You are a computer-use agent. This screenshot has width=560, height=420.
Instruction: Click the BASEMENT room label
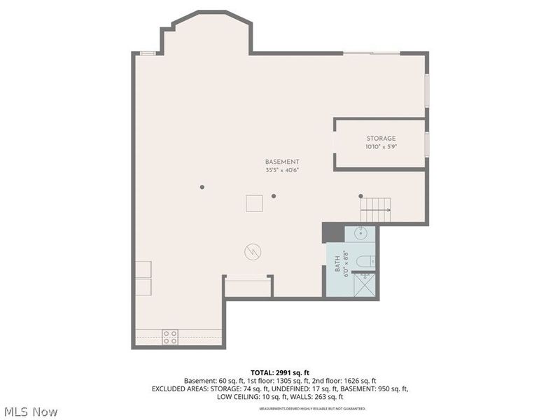click(x=282, y=162)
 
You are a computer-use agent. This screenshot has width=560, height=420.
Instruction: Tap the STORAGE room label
click(x=381, y=139)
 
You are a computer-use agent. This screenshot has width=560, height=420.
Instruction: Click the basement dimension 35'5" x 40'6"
click(x=282, y=170)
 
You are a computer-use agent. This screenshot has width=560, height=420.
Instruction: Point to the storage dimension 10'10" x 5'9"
click(x=381, y=147)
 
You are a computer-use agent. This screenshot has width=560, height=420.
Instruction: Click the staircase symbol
click(x=376, y=209)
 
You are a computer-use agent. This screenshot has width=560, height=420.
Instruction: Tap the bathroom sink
click(x=362, y=234)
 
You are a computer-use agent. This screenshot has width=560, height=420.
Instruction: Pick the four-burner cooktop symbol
click(x=170, y=337)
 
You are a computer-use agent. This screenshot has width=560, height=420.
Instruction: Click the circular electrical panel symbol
click(x=251, y=251)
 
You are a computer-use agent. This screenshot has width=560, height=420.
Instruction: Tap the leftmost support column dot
click(x=202, y=187)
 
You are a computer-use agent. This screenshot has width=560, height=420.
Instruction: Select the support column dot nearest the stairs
click(x=361, y=196)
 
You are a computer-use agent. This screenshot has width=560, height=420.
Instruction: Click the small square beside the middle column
click(x=254, y=204)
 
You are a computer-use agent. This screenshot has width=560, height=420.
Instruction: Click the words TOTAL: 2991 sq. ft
click(x=279, y=372)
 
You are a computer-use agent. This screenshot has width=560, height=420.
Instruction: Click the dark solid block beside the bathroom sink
click(x=329, y=232)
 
